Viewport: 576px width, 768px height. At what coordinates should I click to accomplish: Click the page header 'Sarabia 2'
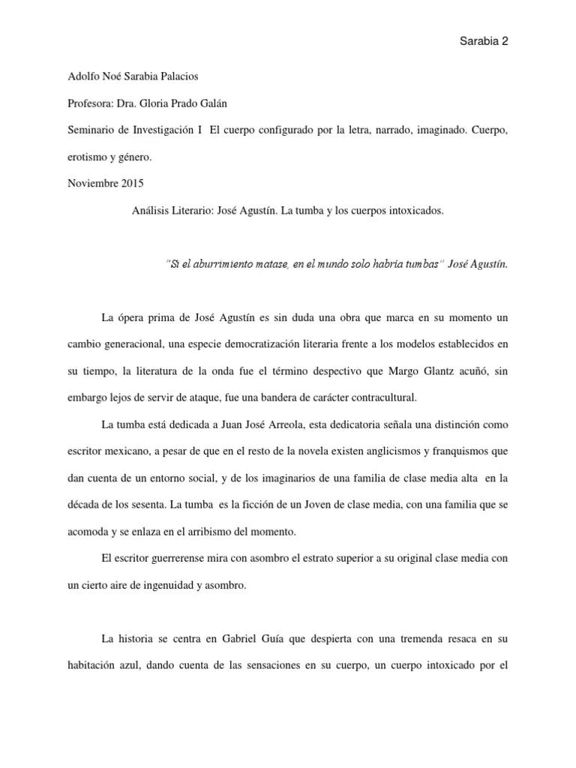(x=483, y=42)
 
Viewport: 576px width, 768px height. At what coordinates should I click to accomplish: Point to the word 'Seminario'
(x=90, y=130)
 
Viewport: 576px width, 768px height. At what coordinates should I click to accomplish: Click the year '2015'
(x=130, y=184)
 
